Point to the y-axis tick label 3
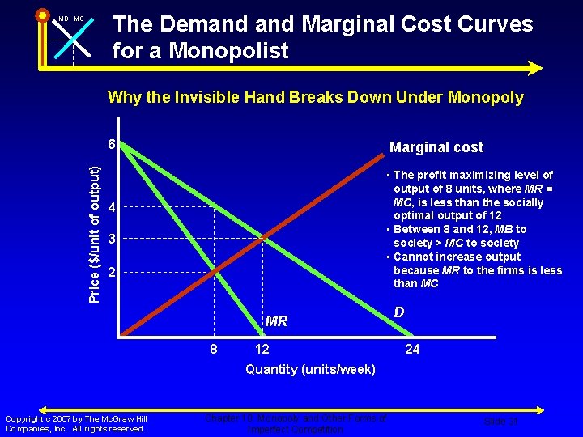coord(113,240)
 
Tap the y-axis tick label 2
coord(113,273)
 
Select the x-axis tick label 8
coord(214,349)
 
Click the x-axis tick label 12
coord(262,349)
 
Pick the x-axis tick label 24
coord(412,349)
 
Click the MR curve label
coord(276,321)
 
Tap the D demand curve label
coord(399,312)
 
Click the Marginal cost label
coord(436,147)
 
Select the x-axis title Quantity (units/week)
coord(310,370)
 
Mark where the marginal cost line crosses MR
coord(215,273)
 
